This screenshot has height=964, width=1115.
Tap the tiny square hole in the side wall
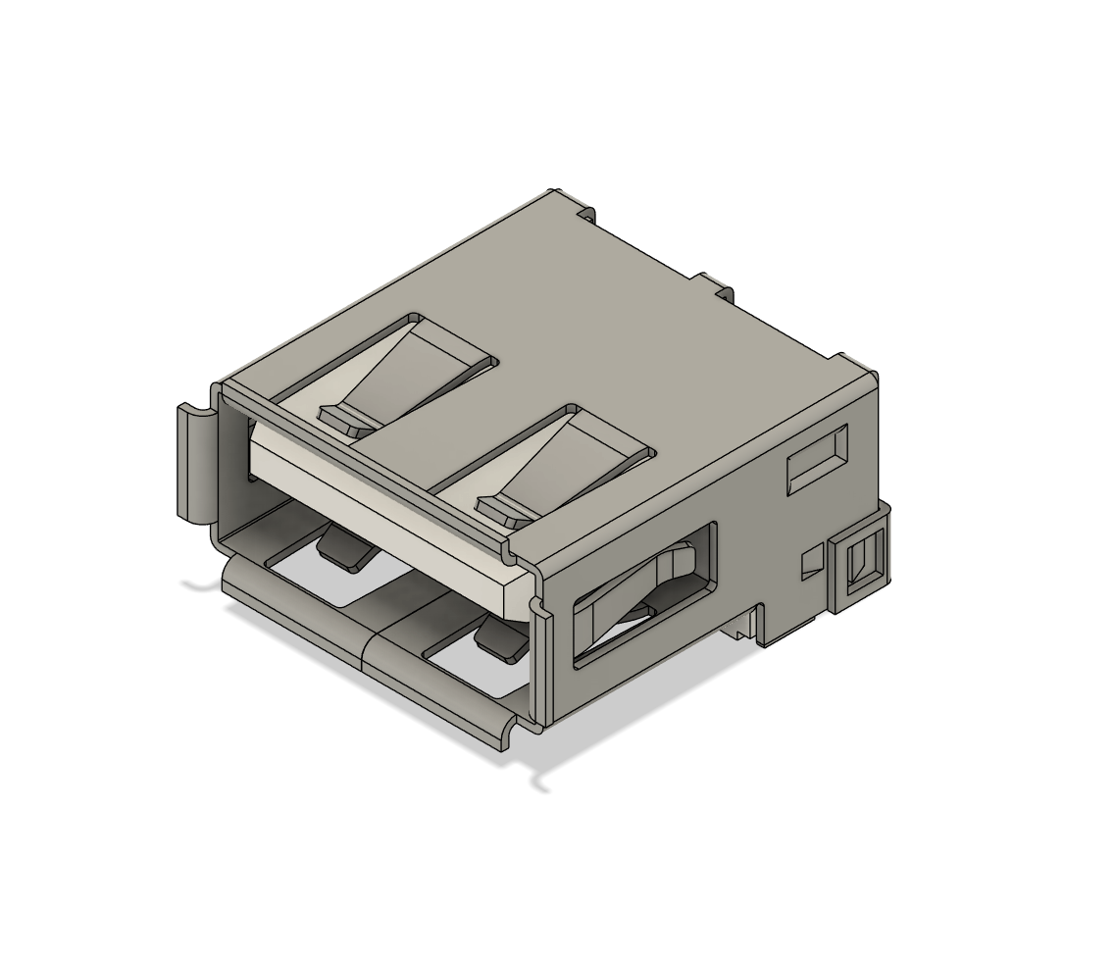(811, 563)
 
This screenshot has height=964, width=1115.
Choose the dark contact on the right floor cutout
(500, 642)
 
